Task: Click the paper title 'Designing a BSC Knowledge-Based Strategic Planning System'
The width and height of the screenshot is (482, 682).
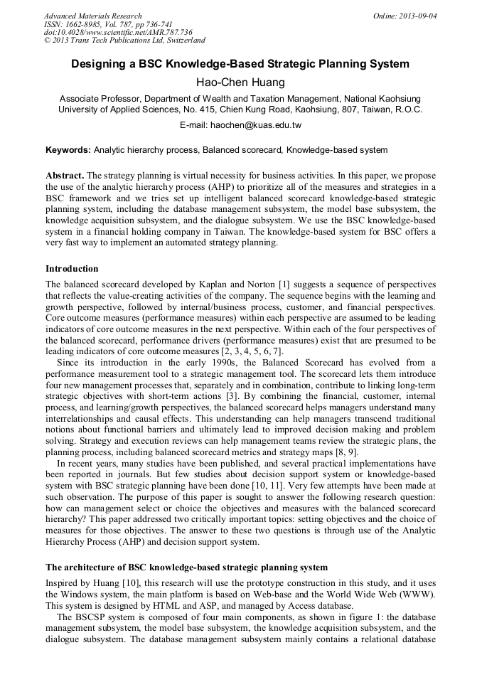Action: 240,64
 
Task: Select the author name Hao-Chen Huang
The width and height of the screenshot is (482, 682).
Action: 240,82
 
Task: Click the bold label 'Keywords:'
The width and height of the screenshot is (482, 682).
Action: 68,150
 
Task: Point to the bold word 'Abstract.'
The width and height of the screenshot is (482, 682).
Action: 65,175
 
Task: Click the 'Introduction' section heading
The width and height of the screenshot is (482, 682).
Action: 72,269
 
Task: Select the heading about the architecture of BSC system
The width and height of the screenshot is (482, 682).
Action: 186,568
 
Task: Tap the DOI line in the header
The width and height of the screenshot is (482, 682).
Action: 118,32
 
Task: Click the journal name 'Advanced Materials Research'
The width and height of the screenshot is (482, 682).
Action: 92,15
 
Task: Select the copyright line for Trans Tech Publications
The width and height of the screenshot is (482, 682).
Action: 124,41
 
